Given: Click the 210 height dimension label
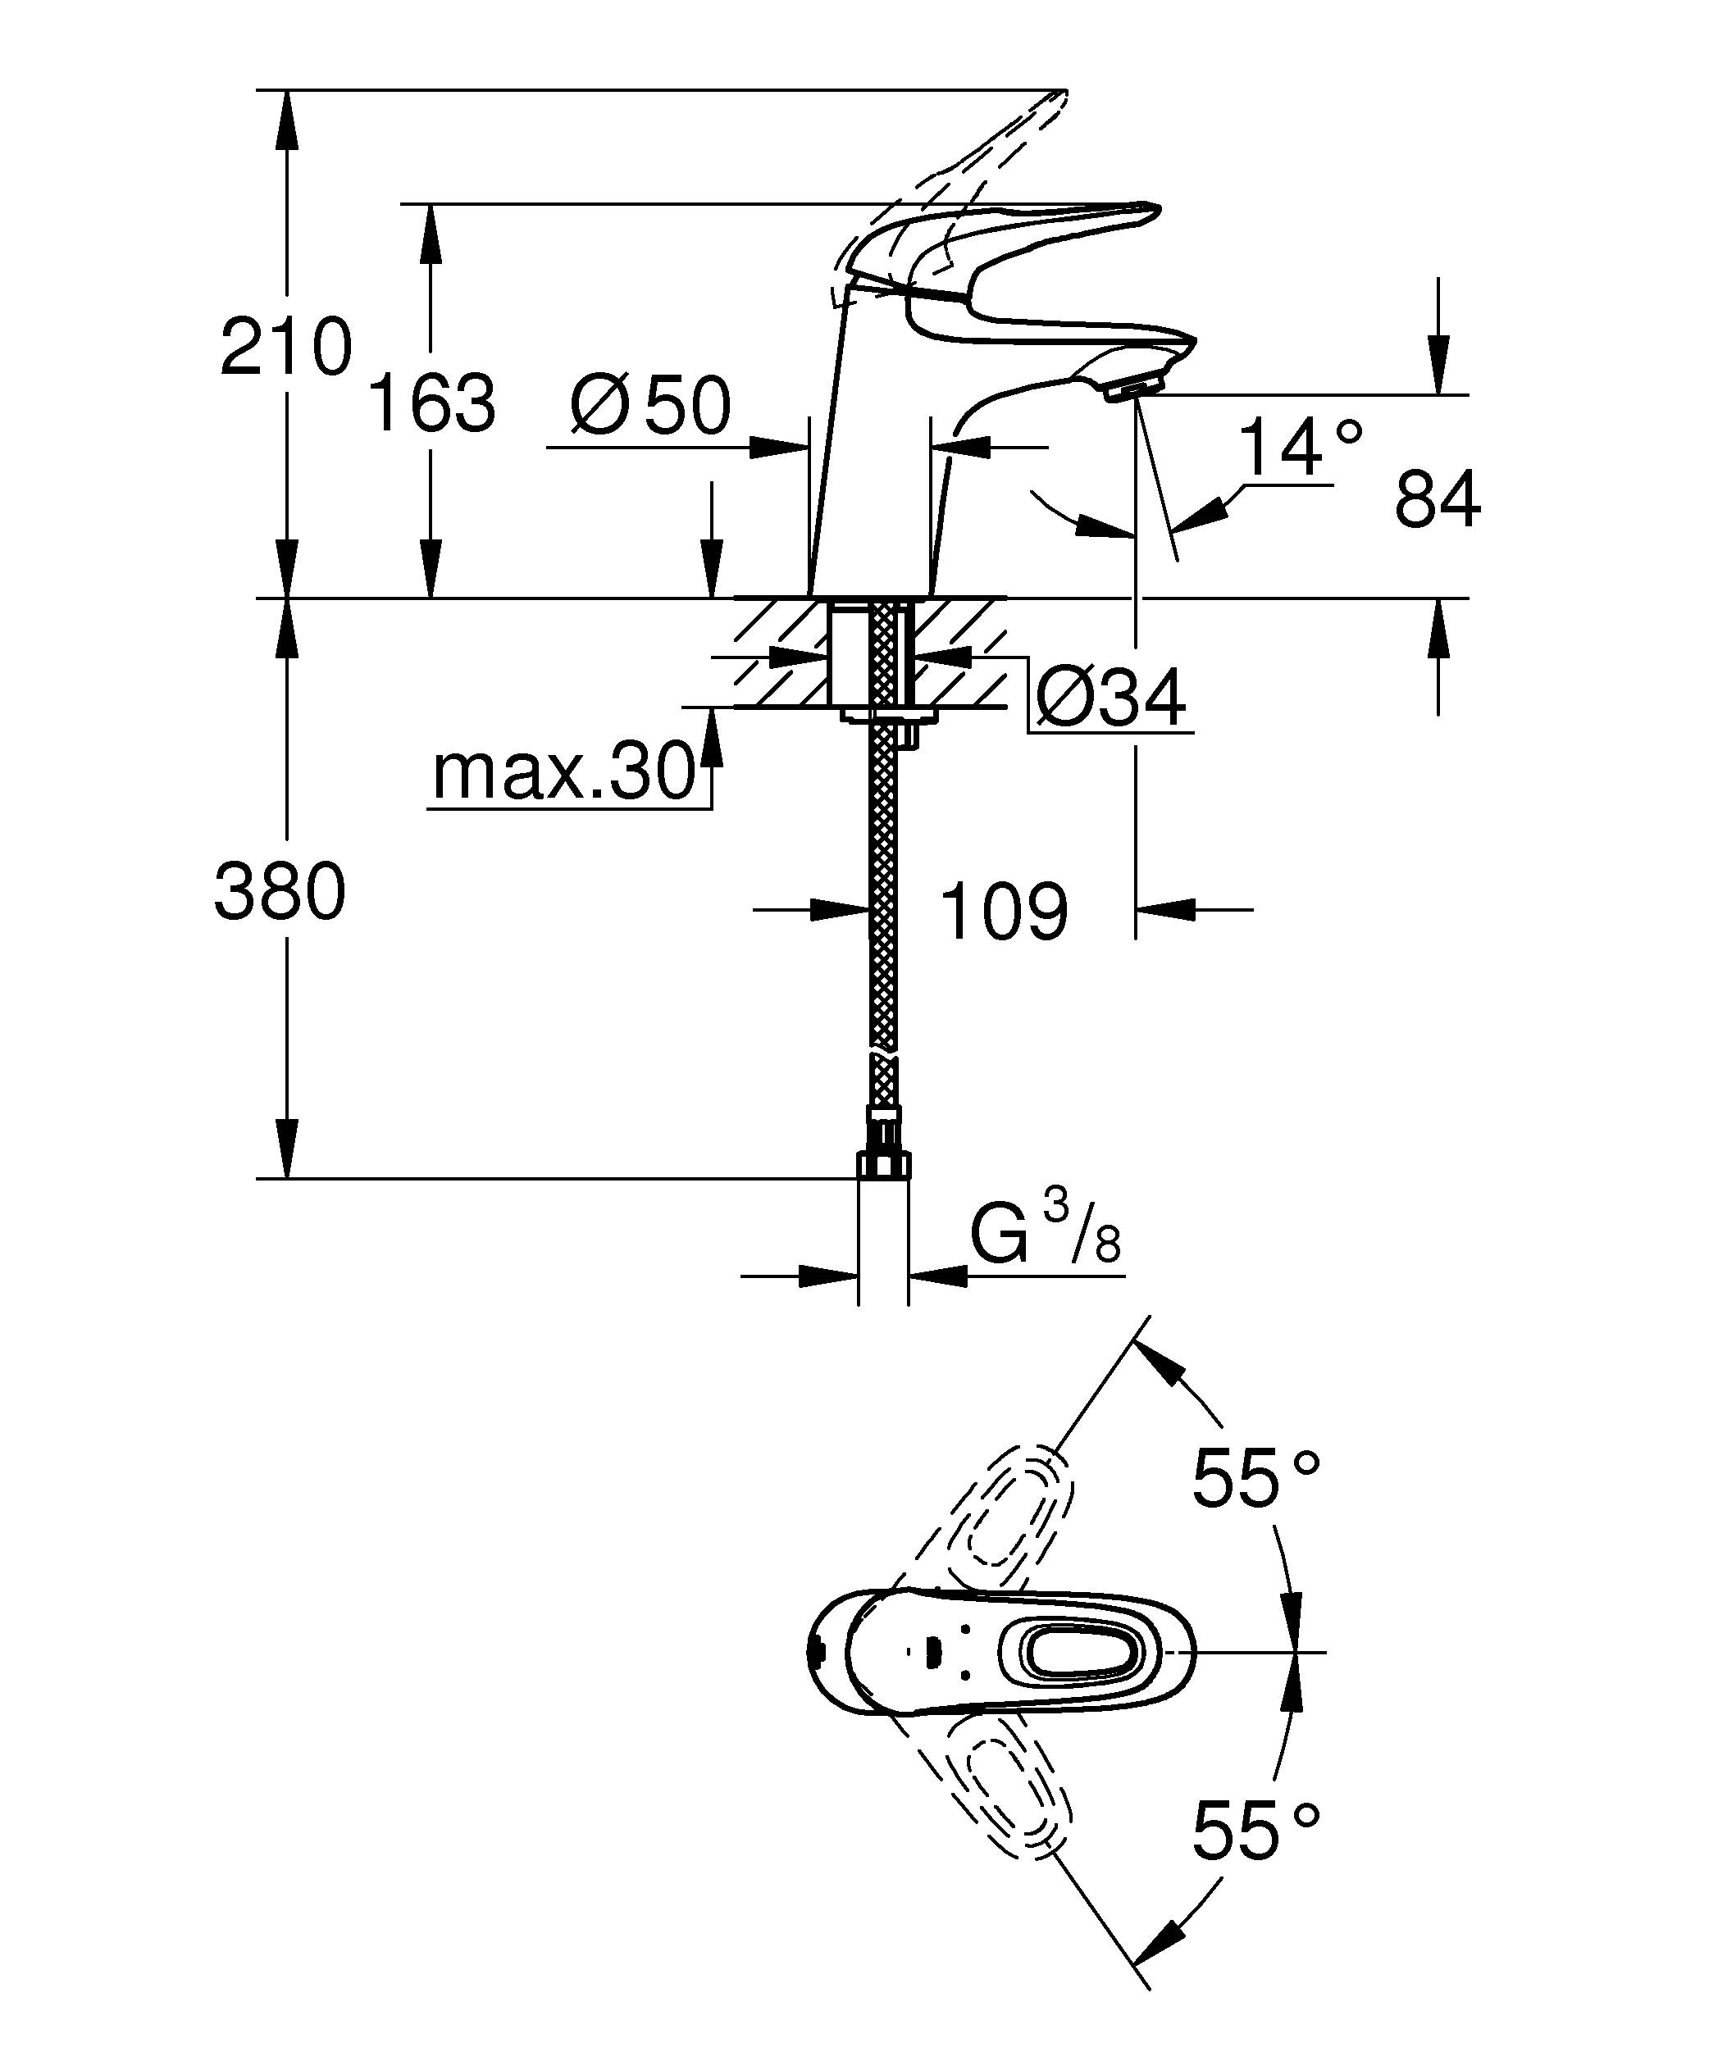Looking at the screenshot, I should [x=285, y=347].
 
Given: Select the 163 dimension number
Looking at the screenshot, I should [x=431, y=403].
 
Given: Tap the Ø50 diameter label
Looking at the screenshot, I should [x=650, y=406].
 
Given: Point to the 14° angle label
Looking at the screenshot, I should [x=1299, y=448].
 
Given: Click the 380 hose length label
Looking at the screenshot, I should [x=280, y=892].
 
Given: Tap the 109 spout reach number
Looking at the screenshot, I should [x=1004, y=912].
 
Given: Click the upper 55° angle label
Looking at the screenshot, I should [x=1255, y=1480].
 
